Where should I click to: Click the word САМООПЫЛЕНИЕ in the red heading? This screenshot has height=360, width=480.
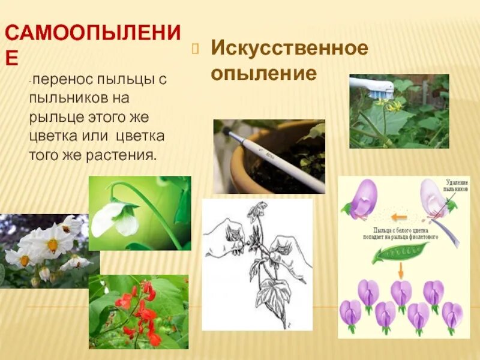(x=90, y=33)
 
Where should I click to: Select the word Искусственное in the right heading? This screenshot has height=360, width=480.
(x=288, y=49)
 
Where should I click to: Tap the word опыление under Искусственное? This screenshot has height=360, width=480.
(x=263, y=73)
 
